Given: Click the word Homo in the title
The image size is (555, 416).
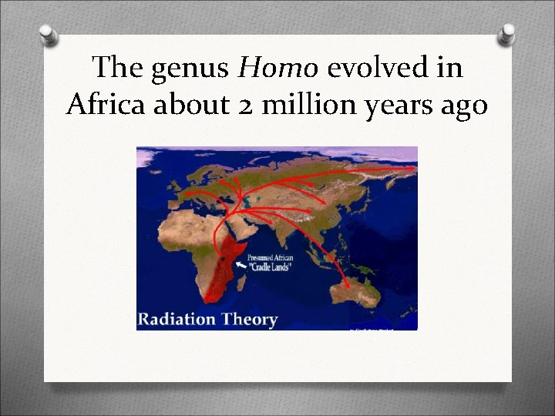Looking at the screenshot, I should (277, 69).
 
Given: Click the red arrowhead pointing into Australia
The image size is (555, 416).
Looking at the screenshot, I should (346, 285).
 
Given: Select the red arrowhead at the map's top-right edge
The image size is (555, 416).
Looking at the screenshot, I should (412, 168).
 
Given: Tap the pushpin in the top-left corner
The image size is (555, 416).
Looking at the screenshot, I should (49, 34).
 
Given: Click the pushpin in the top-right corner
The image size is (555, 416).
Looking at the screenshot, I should (506, 34).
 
